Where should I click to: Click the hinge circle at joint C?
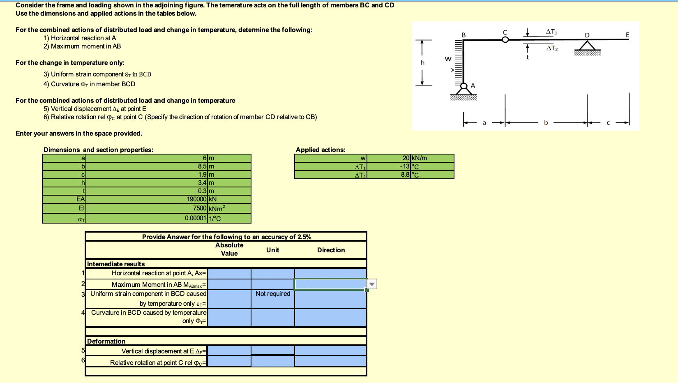pos(505,39)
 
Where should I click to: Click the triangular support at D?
pos(587,45)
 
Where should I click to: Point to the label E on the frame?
pos(627,35)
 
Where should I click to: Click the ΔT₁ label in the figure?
pos(551,32)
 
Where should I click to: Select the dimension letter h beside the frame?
pos(422,62)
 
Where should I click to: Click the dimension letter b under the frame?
pos(546,122)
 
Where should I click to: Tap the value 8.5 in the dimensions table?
pos(202,166)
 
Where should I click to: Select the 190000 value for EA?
pos(196,199)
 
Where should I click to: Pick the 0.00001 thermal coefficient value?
pos(196,218)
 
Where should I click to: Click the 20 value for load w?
pos(406,158)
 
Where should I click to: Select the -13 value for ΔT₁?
pos(405,166)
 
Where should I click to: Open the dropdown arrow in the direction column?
pos(372,284)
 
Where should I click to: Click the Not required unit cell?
pos(273,294)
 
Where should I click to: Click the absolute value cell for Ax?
pos(229,273)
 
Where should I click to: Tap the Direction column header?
pos(331,250)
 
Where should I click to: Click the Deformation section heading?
pos(106,341)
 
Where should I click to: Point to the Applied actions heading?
pos(321,150)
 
